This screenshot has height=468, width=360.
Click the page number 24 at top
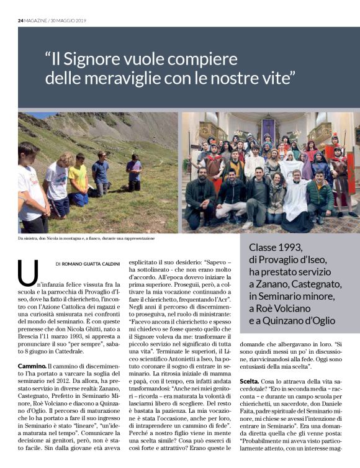click(20, 20)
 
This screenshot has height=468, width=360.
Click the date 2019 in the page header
click(80, 20)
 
